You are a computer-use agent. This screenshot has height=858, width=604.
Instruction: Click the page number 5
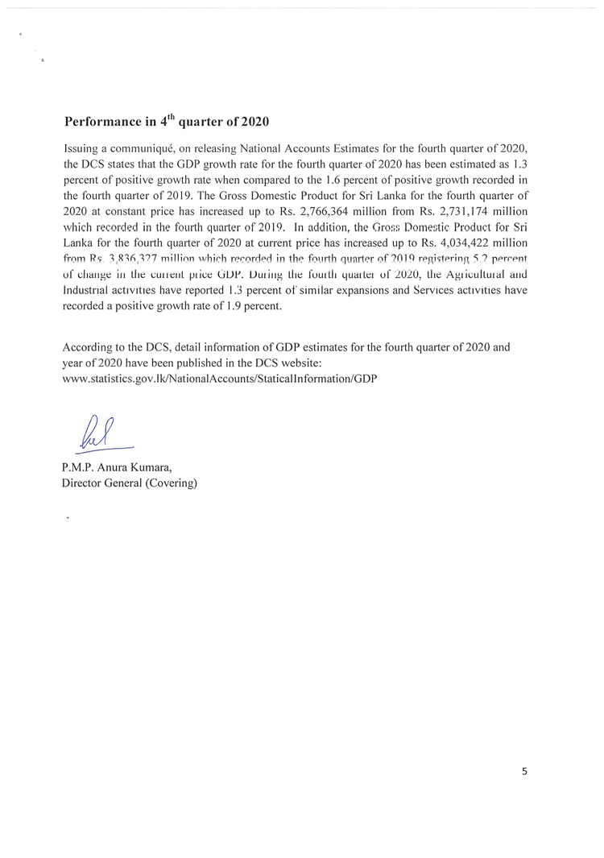pos(525,771)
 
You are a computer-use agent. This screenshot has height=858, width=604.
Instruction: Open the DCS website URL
pos(219,378)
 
